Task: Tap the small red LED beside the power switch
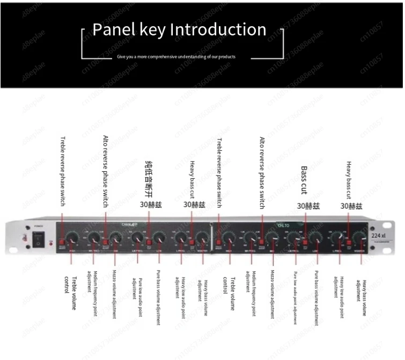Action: click(50, 243)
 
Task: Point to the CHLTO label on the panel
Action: click(283, 225)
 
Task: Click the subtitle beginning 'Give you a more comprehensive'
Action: click(176, 56)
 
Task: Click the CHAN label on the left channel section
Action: click(129, 225)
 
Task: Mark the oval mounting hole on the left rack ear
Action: click(23, 237)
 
